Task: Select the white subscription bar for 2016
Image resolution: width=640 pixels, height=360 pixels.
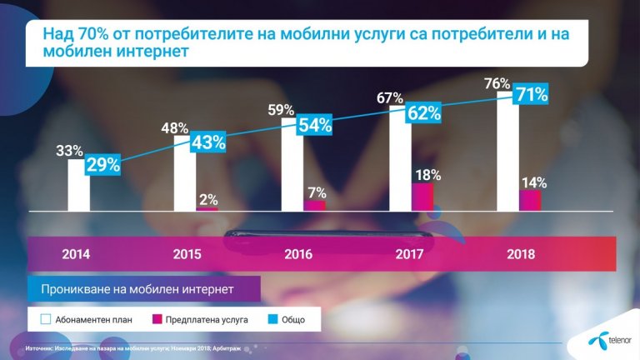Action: coord(292,171)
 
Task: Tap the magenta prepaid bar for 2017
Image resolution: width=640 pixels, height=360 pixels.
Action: coord(422,197)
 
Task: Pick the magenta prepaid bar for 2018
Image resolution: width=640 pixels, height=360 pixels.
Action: coord(530,200)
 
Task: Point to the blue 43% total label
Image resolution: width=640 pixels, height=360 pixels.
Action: coord(208,142)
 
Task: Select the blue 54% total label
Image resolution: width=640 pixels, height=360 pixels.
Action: coord(315,126)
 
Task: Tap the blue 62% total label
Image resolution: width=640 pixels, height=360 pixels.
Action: coord(422,112)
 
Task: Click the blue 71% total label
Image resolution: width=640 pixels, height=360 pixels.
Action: coord(530,94)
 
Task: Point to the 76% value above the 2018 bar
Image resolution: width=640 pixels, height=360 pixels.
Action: coord(497,83)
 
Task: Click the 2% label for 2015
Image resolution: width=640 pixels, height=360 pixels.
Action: coord(207,200)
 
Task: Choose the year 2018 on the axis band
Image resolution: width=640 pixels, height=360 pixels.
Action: coord(521,255)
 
